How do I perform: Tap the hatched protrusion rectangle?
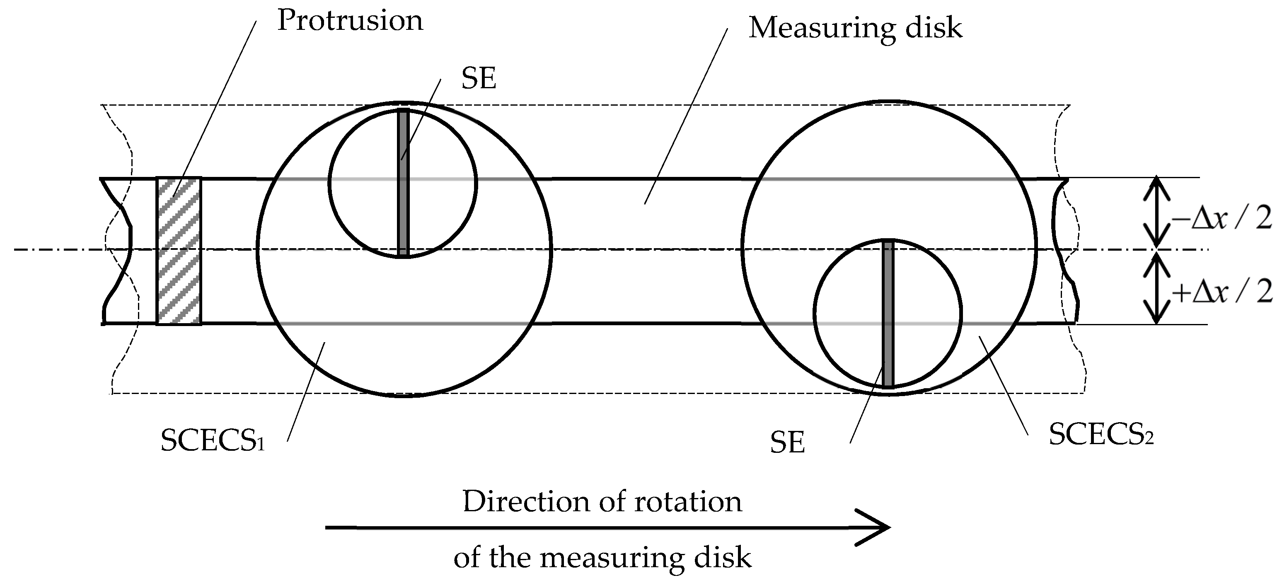(179, 251)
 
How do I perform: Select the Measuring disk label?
(855, 28)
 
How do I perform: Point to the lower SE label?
(787, 442)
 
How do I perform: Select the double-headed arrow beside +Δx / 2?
(1156, 288)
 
